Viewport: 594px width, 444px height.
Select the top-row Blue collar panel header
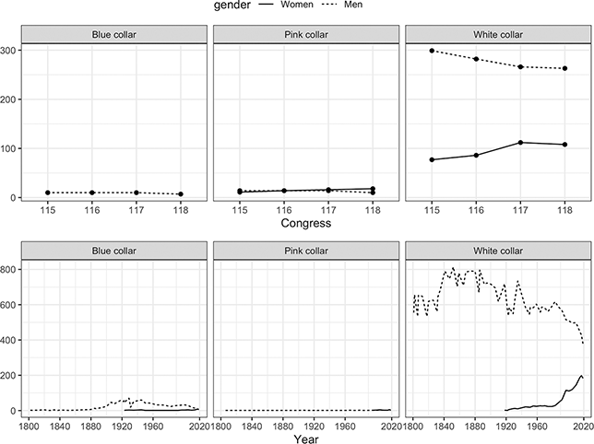coord(113,35)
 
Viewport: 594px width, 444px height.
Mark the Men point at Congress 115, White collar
coord(432,51)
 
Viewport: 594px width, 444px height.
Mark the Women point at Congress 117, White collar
coord(520,143)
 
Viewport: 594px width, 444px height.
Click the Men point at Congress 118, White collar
coord(564,68)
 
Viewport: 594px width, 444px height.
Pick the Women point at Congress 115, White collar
coord(432,159)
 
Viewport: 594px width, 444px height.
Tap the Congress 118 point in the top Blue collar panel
coord(180,194)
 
